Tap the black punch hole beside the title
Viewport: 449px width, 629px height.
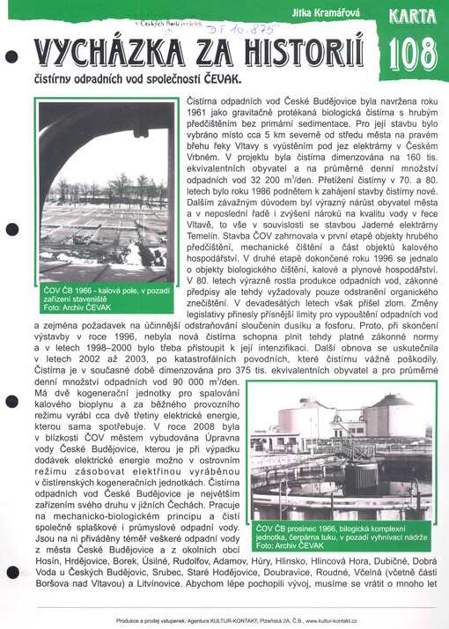tap(10, 56)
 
